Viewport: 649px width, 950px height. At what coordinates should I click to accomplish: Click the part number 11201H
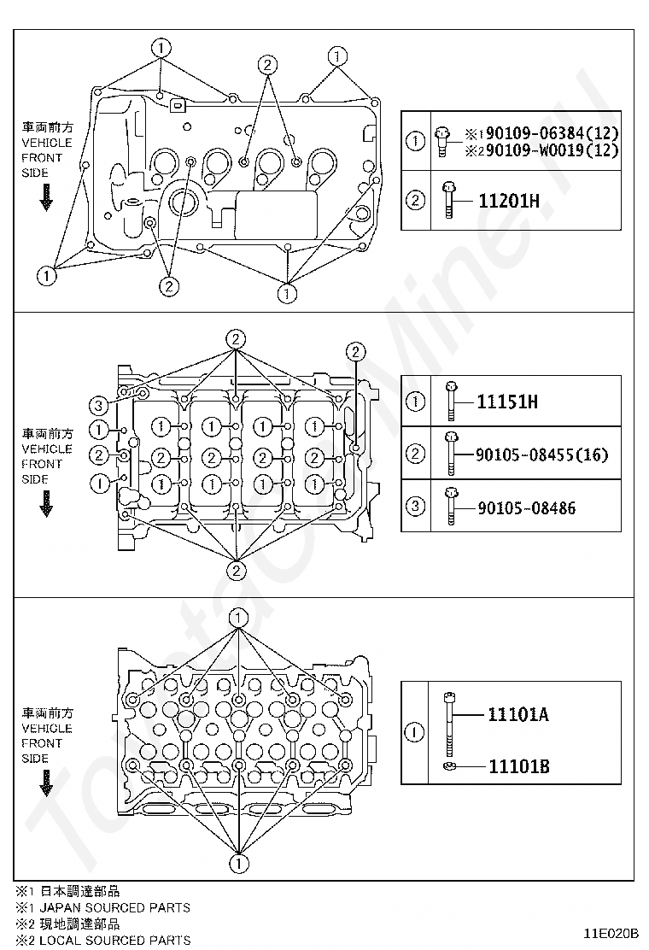(508, 202)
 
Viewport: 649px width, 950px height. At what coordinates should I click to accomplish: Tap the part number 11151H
(507, 401)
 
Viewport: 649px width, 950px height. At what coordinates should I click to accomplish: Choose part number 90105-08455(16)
(542, 454)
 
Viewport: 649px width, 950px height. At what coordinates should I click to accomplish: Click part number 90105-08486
(526, 508)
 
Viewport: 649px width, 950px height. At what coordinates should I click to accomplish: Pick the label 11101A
(518, 714)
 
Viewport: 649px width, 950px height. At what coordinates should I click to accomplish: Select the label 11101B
(518, 765)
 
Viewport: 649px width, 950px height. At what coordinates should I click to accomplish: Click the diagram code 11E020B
(611, 933)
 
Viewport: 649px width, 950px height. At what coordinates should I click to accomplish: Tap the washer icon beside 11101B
(448, 766)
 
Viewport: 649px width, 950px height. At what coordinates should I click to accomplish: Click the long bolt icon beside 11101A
(448, 722)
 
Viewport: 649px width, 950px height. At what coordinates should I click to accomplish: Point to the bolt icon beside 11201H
(448, 201)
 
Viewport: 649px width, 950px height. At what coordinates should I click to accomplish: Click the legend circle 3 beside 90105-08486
(415, 507)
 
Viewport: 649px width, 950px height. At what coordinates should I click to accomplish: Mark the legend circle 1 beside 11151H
(415, 401)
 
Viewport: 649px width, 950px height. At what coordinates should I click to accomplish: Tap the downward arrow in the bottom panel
(46, 783)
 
